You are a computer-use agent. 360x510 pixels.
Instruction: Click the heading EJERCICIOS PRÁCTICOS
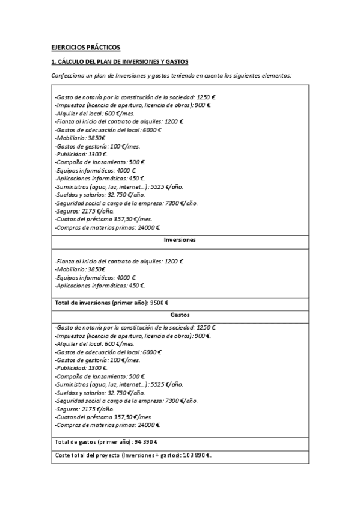click(x=85, y=46)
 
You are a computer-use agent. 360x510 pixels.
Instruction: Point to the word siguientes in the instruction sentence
click(x=245, y=75)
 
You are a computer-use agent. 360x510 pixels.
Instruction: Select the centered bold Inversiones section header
click(x=180, y=239)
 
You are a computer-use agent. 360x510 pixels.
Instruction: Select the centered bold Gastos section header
click(x=180, y=315)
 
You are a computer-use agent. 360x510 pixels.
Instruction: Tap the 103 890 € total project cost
click(x=195, y=455)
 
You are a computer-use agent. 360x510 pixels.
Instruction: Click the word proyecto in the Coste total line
click(x=106, y=455)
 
